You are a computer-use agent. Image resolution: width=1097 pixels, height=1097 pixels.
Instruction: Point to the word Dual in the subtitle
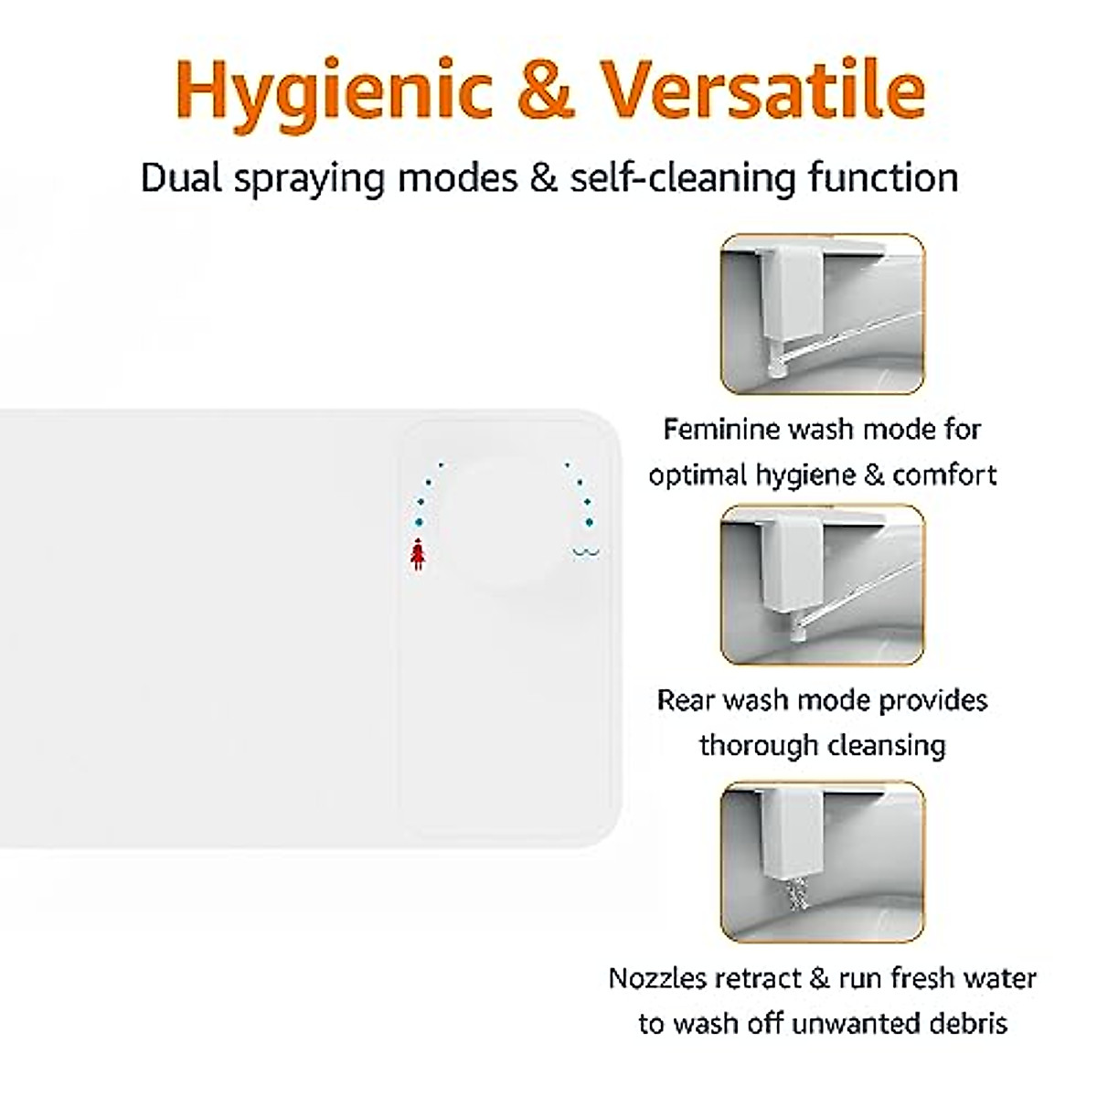click(181, 177)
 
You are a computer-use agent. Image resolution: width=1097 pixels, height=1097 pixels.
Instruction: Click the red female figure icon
click(418, 555)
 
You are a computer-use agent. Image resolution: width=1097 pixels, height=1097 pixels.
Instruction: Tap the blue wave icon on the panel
click(586, 552)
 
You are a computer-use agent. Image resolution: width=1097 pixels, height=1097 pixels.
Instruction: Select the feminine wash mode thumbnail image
click(822, 314)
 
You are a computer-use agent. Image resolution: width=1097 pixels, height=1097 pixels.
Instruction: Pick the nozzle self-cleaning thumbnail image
click(822, 861)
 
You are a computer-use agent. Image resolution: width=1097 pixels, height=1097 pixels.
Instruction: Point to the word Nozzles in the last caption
click(658, 978)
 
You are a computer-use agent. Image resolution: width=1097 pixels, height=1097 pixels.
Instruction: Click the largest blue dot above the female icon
click(419, 522)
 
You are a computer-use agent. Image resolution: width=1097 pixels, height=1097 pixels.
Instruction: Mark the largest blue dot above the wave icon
click(589, 522)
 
